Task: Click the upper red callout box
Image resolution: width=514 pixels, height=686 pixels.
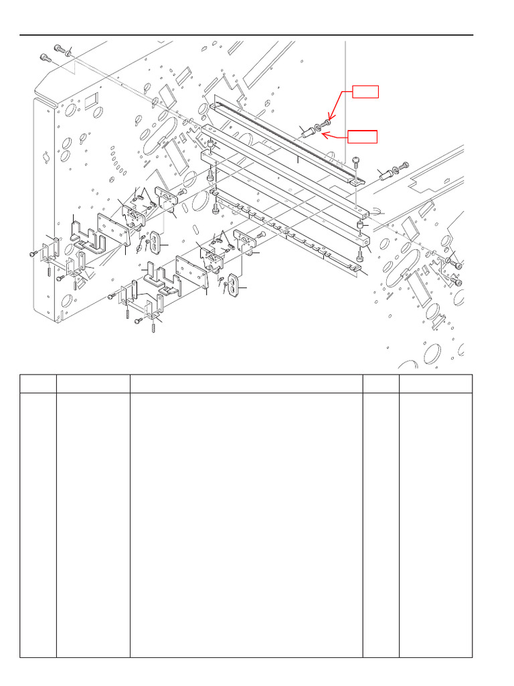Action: tap(366, 92)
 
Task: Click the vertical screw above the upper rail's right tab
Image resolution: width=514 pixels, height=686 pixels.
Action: tap(356, 162)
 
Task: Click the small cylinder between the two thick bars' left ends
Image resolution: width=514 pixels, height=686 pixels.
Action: tap(210, 145)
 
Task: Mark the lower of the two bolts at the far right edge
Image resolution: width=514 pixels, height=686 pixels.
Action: tap(458, 266)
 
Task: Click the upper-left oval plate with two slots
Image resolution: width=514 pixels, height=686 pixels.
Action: tap(155, 241)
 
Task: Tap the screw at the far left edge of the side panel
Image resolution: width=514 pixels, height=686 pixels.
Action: tap(33, 254)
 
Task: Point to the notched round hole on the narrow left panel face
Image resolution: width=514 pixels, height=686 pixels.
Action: tap(46, 157)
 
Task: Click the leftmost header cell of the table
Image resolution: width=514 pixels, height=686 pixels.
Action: tap(37, 384)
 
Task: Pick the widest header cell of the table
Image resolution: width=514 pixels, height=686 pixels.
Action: tap(246, 384)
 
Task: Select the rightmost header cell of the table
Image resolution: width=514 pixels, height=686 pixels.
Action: tap(436, 384)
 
